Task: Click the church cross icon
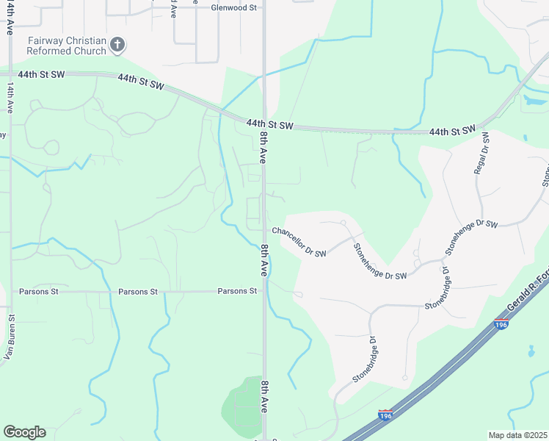point(117,46)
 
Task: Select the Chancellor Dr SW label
point(299,241)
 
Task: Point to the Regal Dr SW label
point(485,152)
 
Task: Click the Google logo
point(24,432)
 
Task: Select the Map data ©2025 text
point(517,435)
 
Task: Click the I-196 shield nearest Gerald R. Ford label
point(501,324)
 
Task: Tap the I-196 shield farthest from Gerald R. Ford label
point(385,415)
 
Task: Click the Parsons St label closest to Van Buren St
point(39,292)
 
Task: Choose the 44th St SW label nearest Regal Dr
point(453,131)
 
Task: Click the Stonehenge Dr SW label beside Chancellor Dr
point(379,262)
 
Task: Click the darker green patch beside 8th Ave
point(242,404)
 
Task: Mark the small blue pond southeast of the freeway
point(530,351)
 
